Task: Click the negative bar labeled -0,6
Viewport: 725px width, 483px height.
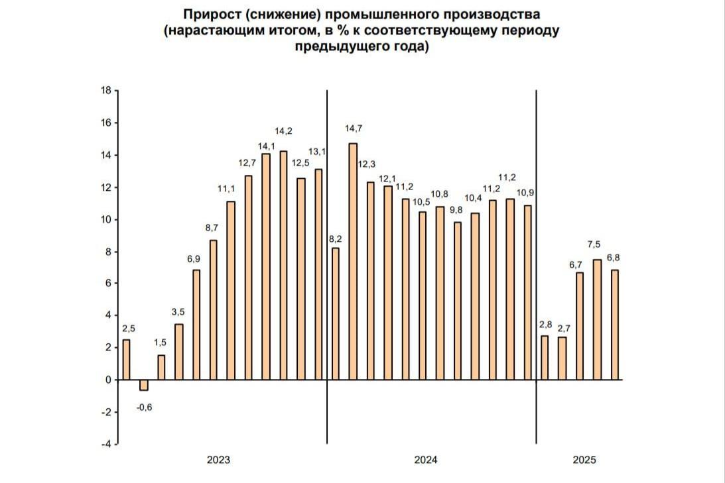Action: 144,385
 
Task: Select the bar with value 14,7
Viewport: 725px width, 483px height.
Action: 353,261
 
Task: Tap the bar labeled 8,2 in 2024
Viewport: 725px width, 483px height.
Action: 336,313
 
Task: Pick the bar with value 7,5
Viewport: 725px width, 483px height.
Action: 597,319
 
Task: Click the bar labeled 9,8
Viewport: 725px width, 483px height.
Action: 457,301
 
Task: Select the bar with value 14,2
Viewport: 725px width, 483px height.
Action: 283,265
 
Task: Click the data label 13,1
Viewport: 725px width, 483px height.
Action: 320,152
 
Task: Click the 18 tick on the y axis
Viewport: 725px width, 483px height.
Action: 106,91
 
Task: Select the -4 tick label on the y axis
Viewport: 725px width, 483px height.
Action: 105,444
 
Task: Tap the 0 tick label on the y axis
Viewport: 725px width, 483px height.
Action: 108,380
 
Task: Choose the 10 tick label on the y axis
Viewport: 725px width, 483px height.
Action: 106,220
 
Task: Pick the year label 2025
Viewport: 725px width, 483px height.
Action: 584,460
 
